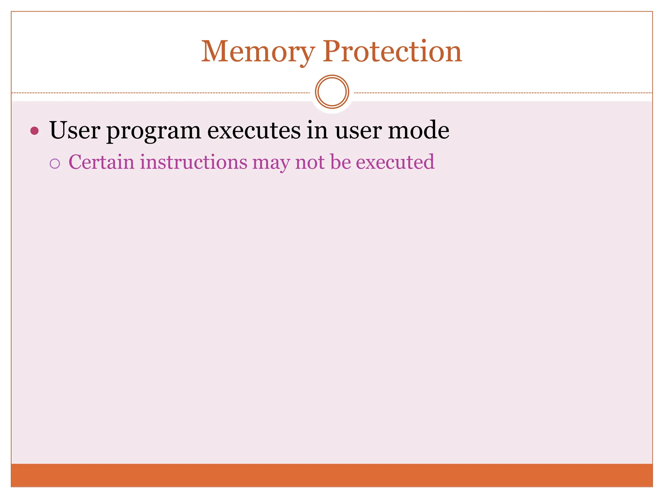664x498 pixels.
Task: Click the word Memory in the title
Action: point(258,52)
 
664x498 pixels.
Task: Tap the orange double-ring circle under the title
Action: point(332,92)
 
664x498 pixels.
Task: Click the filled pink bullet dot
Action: point(34,131)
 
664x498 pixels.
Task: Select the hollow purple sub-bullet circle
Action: point(55,163)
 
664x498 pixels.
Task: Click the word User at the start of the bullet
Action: point(75,130)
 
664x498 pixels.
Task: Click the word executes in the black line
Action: point(254,130)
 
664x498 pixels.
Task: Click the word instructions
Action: point(194,162)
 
